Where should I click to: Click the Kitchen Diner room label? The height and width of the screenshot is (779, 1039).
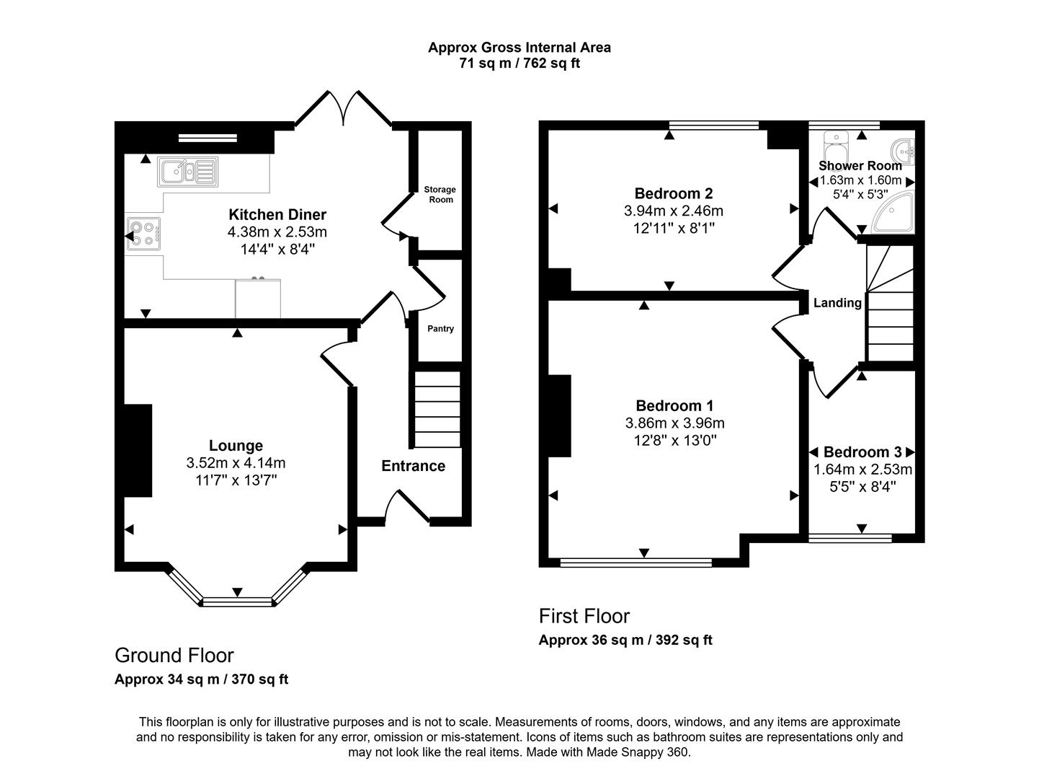pyautogui.click(x=277, y=215)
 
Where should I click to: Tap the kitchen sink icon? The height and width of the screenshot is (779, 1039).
pyautogui.click(x=187, y=172)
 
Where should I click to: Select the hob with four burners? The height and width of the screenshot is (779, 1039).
pyautogui.click(x=143, y=233)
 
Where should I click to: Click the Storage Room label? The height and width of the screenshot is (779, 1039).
pyautogui.click(x=440, y=195)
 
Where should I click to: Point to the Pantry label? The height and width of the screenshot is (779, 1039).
pyautogui.click(x=440, y=329)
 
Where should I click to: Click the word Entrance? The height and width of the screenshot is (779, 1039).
pyautogui.click(x=413, y=466)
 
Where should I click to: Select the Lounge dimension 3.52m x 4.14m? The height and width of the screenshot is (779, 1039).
pyautogui.click(x=236, y=463)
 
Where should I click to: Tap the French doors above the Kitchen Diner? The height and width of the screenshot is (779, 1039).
pyautogui.click(x=344, y=108)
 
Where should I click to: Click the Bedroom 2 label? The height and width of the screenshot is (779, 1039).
pyautogui.click(x=673, y=193)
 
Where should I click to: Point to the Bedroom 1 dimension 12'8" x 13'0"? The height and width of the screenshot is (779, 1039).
pyautogui.click(x=674, y=440)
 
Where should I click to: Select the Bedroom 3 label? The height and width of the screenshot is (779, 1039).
pyautogui.click(x=862, y=452)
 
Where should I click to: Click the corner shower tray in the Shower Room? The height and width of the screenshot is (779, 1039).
pyautogui.click(x=893, y=214)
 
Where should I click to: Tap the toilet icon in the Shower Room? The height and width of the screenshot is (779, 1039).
pyautogui.click(x=836, y=146)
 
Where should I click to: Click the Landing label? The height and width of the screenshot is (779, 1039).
pyautogui.click(x=837, y=303)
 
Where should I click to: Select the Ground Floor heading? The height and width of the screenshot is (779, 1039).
pyautogui.click(x=174, y=655)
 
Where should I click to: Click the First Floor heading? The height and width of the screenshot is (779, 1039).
pyautogui.click(x=584, y=616)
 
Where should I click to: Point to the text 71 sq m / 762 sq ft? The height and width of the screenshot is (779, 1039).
pyautogui.click(x=519, y=63)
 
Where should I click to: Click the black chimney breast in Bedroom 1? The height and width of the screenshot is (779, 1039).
pyautogui.click(x=560, y=415)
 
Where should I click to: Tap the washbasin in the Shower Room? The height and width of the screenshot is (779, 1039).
pyautogui.click(x=904, y=151)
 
